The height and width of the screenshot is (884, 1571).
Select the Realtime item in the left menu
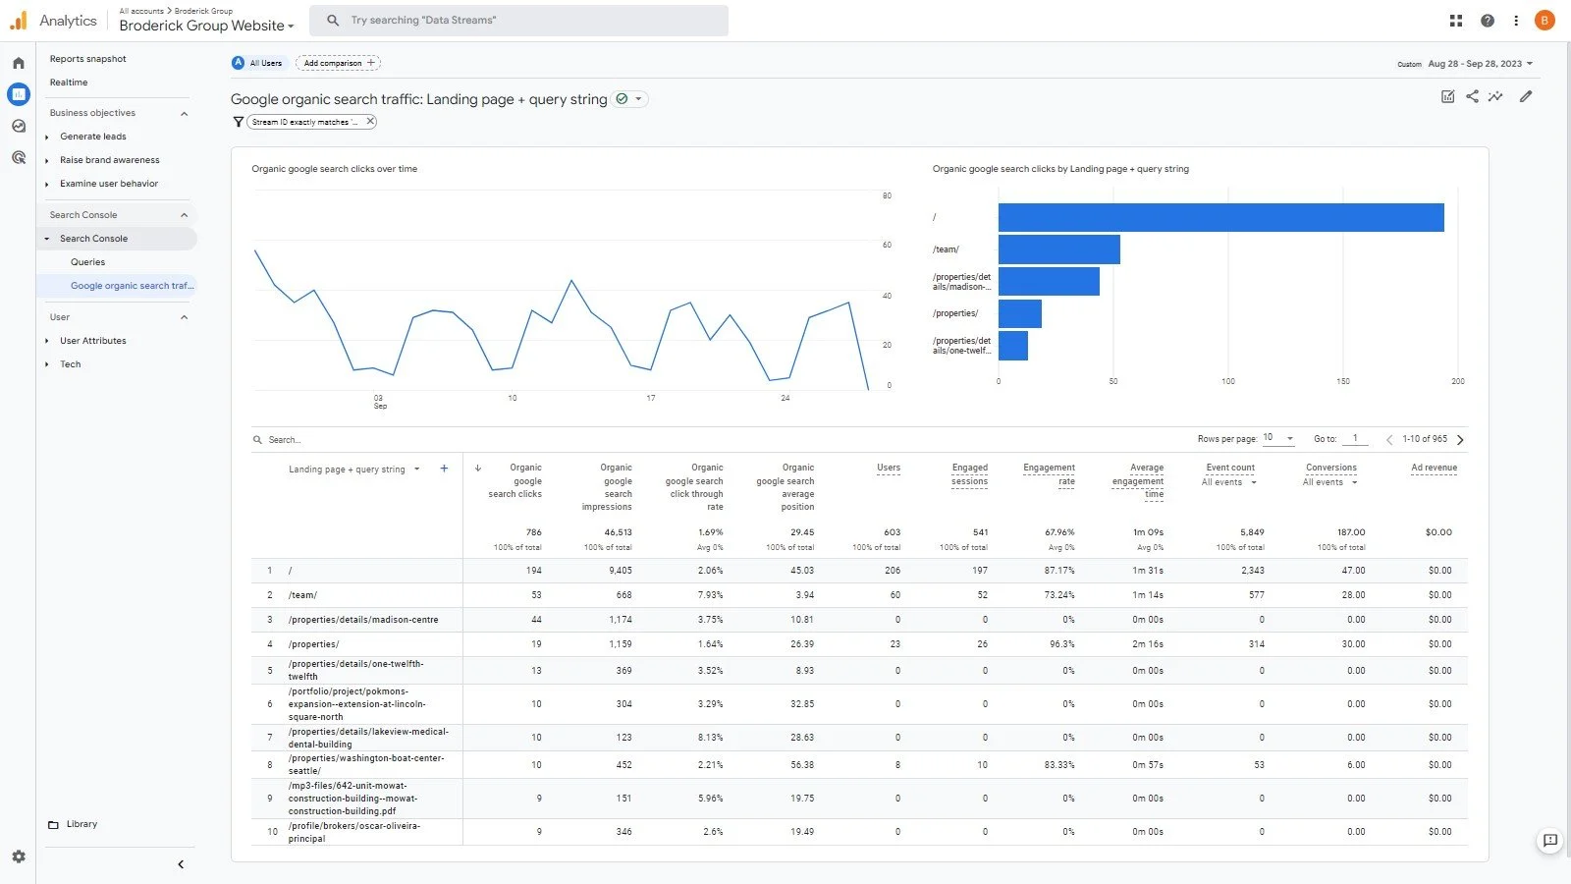pos(69,83)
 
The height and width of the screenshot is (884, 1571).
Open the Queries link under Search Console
pos(87,262)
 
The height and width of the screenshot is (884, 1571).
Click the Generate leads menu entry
pos(92,137)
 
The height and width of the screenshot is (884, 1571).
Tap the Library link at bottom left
pos(81,824)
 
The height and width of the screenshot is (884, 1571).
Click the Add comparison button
pos(338,63)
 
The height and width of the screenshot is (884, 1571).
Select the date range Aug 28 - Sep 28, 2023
pos(1475,64)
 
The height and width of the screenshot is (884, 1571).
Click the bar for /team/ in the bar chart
pos(1058,249)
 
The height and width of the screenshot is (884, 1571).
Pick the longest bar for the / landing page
pos(1220,217)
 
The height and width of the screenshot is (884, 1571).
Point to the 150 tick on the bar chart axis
pos(1342,381)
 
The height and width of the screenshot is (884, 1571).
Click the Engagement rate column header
pos(1049,473)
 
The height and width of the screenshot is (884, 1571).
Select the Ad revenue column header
pos(1434,468)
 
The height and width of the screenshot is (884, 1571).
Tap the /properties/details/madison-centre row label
pos(363,620)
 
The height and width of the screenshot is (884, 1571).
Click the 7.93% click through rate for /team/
pos(710,595)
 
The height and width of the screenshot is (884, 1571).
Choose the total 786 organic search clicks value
pos(533,532)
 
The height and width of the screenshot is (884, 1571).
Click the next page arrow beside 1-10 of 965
pos(1460,440)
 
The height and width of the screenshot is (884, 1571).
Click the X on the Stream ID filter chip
pos(370,122)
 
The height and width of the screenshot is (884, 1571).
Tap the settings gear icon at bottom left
pos(19,856)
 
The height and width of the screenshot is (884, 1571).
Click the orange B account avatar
pos(1544,20)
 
